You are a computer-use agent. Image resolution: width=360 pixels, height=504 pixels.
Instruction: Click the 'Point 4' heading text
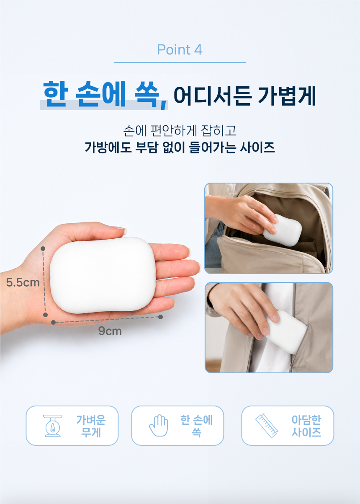click(180, 50)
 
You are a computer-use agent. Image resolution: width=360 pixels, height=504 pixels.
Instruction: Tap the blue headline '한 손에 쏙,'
click(105, 95)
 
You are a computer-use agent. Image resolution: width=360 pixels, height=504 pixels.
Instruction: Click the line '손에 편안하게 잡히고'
click(180, 130)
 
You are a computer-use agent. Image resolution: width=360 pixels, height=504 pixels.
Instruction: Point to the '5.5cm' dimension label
click(23, 282)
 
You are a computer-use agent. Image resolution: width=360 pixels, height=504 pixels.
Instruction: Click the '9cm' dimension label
click(110, 331)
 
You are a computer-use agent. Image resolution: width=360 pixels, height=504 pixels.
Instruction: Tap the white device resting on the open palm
click(103, 275)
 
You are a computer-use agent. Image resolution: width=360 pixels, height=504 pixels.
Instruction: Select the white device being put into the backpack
click(282, 230)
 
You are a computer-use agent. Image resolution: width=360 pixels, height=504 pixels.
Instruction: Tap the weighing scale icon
click(53, 426)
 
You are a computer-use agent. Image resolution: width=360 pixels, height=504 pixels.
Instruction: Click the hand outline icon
click(159, 425)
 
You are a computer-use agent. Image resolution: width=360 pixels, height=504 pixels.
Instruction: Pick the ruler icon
click(267, 426)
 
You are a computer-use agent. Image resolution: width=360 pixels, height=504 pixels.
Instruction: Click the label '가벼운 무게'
click(91, 426)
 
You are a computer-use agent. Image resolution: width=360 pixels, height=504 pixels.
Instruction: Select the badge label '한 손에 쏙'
click(196, 426)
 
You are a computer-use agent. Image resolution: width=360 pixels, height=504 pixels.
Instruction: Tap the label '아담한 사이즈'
click(306, 426)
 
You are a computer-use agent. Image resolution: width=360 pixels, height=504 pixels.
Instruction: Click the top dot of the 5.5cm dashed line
click(43, 248)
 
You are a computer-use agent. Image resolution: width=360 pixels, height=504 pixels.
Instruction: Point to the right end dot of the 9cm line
click(160, 317)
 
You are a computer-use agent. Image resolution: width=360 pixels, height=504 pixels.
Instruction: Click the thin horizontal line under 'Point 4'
click(180, 62)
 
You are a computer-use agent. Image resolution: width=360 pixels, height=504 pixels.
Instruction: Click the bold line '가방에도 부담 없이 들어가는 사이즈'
click(180, 147)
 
